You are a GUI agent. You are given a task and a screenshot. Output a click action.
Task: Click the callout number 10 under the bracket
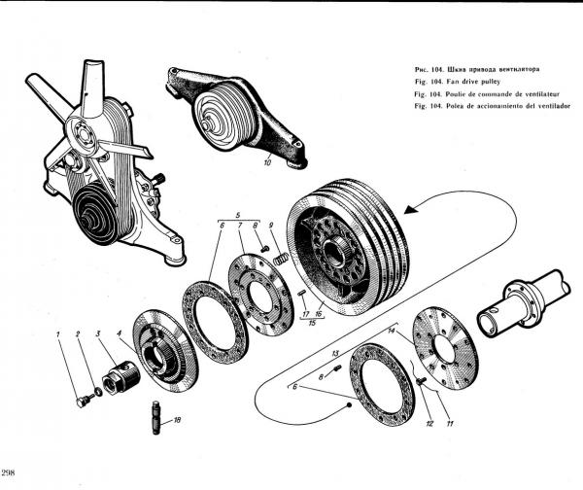(268, 164)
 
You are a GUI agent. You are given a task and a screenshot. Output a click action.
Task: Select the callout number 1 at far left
(59, 335)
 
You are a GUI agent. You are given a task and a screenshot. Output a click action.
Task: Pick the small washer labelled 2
(95, 389)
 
